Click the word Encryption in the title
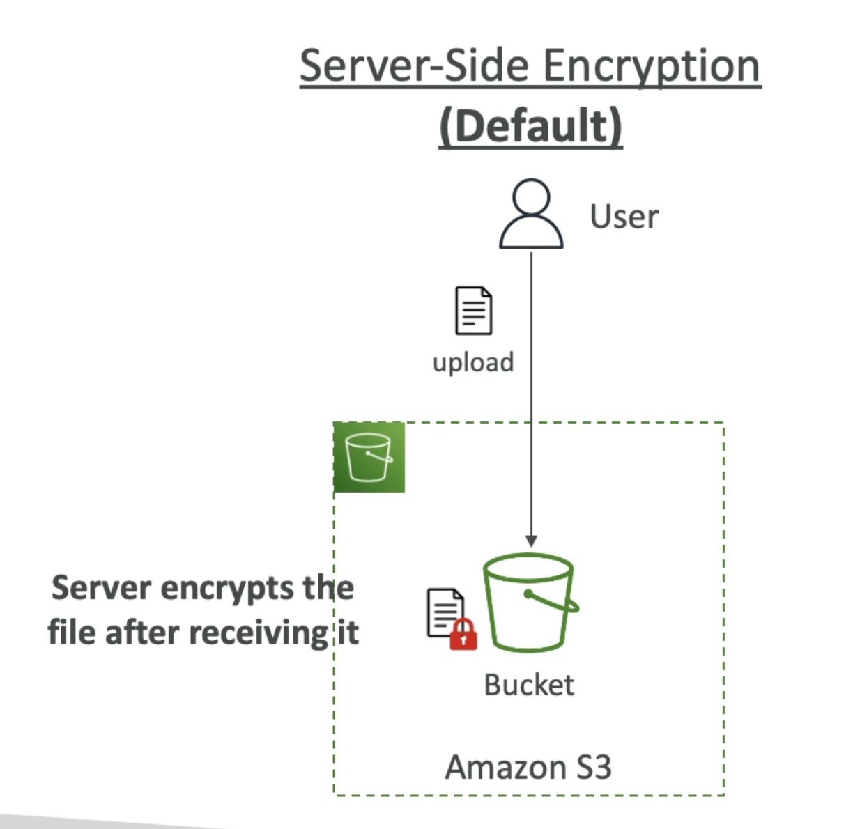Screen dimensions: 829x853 [651, 68]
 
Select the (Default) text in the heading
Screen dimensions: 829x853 [530, 127]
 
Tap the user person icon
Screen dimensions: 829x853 [531, 214]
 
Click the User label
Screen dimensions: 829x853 [624, 217]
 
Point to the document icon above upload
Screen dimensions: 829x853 [473, 311]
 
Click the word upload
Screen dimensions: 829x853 [473, 362]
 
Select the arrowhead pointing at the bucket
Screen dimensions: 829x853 [531, 541]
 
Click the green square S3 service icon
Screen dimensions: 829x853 [369, 457]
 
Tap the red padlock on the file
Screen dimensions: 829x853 [463, 635]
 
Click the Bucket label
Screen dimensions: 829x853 [529, 685]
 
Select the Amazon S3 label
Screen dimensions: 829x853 [528, 768]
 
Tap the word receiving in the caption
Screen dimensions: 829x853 [259, 633]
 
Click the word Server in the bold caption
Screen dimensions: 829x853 [101, 588]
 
